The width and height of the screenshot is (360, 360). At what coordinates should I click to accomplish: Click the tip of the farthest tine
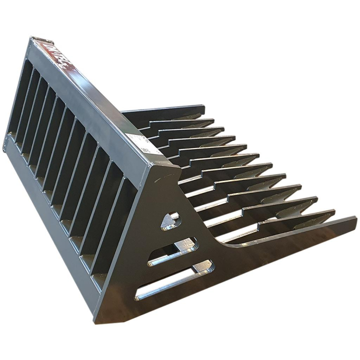pos(202,108)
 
